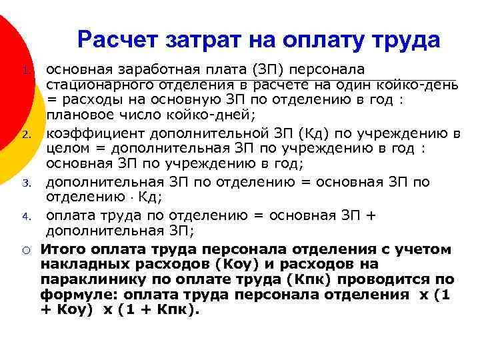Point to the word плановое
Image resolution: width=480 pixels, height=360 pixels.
pos(76,115)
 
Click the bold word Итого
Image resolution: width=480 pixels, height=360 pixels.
pos(63,249)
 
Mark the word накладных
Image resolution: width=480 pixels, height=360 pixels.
pos(79,264)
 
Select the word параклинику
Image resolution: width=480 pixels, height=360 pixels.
pos(88,279)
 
